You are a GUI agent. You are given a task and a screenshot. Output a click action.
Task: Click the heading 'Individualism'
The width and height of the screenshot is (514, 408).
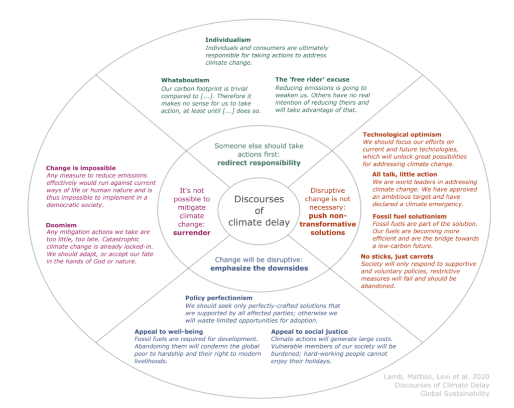click(228, 40)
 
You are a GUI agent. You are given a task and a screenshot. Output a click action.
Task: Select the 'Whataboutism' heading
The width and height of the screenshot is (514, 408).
click(185, 80)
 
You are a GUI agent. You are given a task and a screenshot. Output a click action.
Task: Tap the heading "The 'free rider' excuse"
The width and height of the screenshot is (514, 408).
click(312, 79)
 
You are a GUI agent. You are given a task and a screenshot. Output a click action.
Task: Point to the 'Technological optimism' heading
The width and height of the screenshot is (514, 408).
click(402, 134)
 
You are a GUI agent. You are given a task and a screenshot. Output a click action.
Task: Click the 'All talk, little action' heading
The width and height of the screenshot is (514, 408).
click(405, 174)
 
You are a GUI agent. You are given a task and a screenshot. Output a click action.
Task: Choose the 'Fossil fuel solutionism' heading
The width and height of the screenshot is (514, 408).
click(410, 216)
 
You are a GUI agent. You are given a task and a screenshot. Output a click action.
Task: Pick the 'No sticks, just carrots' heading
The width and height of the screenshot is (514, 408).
click(397, 256)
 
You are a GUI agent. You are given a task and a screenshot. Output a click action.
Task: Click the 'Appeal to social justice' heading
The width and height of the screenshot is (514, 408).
click(309, 331)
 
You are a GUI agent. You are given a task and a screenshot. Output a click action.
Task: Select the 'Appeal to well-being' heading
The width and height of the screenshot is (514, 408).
click(169, 331)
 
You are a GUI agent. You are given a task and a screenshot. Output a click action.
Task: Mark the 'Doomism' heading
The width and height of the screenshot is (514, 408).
click(61, 224)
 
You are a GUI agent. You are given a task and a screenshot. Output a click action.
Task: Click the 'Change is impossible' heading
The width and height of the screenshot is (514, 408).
click(81, 168)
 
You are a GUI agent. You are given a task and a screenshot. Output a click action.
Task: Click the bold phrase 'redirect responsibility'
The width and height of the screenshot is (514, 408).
click(259, 163)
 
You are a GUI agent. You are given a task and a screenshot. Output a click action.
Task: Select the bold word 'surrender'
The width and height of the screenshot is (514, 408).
click(192, 232)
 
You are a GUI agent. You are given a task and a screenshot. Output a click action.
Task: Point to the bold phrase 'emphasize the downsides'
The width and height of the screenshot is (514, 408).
click(259, 268)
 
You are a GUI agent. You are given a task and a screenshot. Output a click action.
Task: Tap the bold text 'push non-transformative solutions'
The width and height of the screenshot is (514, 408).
click(327, 224)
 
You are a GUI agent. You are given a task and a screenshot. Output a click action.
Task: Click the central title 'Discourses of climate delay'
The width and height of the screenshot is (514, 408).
click(259, 210)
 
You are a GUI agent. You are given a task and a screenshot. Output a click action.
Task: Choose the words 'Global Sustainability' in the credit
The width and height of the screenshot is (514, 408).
click(454, 393)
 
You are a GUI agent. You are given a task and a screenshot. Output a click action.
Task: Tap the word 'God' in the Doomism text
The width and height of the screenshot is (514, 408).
click(107, 261)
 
